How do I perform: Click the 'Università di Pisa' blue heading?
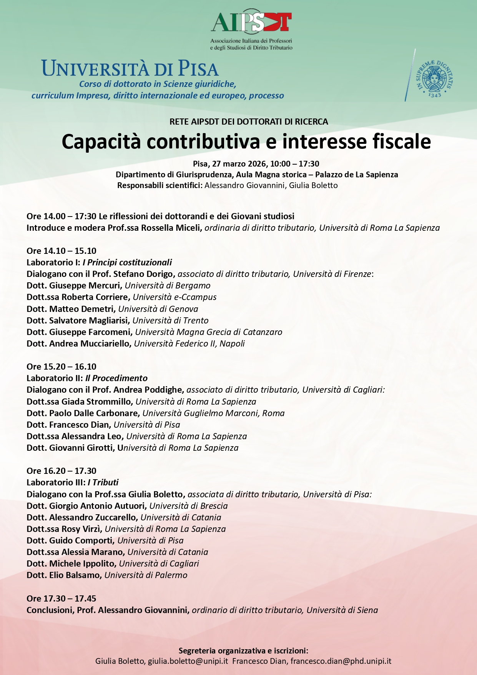[130, 69]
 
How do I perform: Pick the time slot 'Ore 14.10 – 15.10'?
[61, 251]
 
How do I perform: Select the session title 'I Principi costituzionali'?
[127, 262]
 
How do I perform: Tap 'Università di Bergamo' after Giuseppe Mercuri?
[168, 285]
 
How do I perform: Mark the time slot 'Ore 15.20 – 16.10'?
[61, 367]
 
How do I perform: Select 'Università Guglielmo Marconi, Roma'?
[214, 413]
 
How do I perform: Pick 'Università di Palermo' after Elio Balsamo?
[146, 575]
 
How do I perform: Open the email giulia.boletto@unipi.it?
[188, 661]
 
